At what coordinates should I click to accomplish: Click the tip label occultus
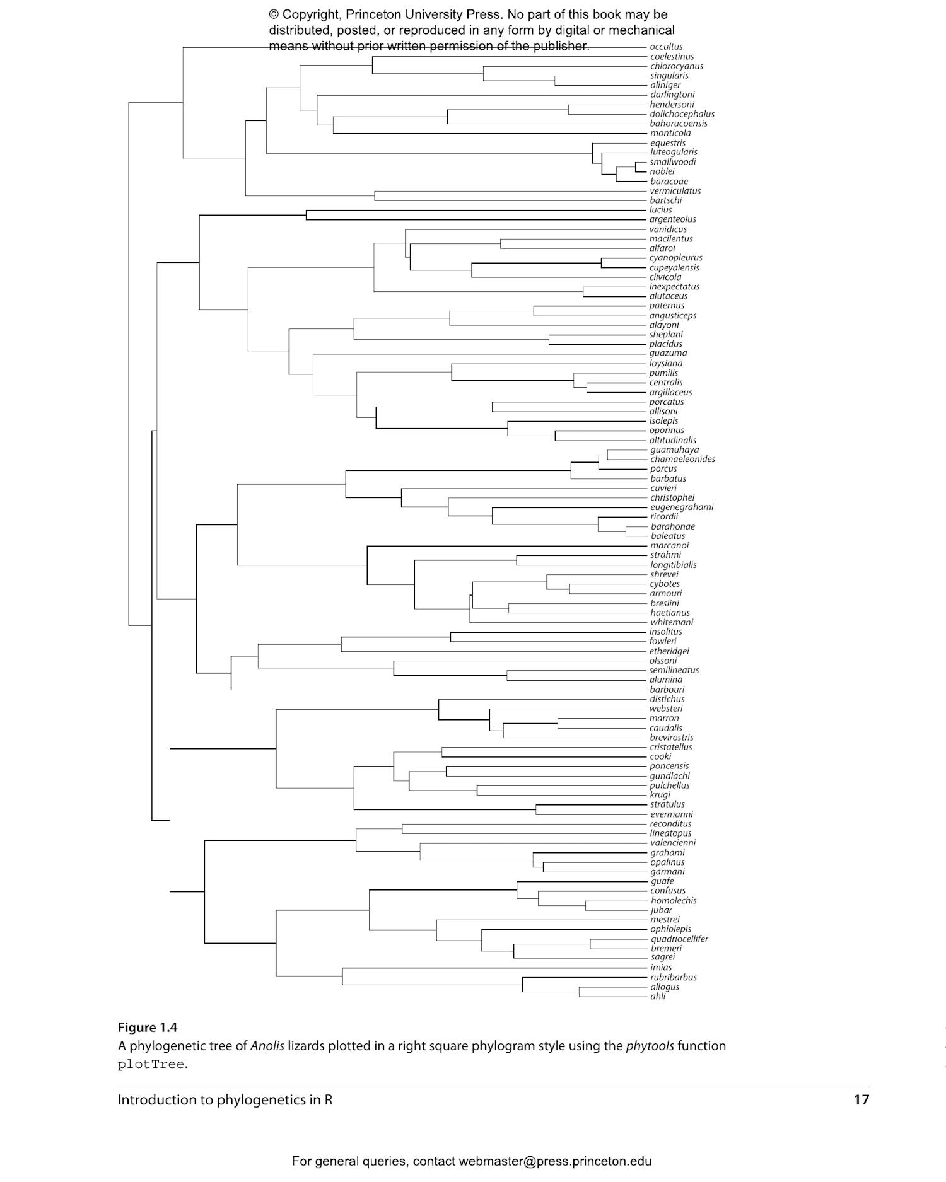[666, 47]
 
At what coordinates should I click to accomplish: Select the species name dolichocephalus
[682, 114]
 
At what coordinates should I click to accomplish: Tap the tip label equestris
[667, 143]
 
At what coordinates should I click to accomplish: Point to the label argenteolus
[672, 219]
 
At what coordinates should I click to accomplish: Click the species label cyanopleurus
[675, 258]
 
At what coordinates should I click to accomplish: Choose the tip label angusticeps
[672, 316]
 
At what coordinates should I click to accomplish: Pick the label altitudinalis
[672, 441]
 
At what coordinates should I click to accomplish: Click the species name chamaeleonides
[682, 460]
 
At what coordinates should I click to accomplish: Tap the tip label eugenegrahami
[682, 507]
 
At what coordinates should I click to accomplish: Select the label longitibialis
[673, 565]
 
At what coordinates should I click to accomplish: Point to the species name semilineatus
[674, 671]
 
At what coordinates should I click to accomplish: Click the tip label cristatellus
[670, 748]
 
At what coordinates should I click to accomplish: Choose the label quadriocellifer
[679, 939]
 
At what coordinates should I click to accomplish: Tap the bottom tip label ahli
[658, 997]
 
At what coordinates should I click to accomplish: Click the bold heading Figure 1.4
[148, 1028]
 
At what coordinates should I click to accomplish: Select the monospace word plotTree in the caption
[151, 1065]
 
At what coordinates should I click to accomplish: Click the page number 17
[861, 1100]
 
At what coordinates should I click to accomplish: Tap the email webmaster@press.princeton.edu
[555, 1161]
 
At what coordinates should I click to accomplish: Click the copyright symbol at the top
[274, 14]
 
